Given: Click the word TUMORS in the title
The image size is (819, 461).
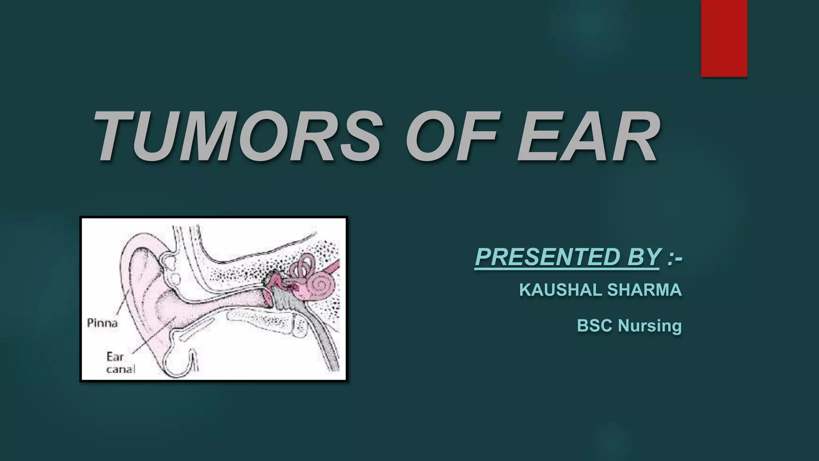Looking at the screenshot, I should [x=236, y=136].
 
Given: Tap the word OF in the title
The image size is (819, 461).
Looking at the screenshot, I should [x=452, y=136].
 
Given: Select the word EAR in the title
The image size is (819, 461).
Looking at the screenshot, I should [x=588, y=136].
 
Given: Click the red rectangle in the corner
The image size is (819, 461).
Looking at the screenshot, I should [x=724, y=38].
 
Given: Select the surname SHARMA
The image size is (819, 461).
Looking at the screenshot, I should [x=644, y=290].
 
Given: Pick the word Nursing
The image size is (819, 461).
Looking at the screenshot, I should [x=649, y=325].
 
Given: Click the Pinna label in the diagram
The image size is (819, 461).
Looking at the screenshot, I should [x=102, y=323].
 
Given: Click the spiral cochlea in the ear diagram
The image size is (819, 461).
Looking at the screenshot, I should [x=319, y=285].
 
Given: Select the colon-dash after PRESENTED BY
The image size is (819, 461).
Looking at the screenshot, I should [x=675, y=257].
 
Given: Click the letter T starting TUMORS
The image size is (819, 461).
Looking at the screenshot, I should [x=116, y=136].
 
